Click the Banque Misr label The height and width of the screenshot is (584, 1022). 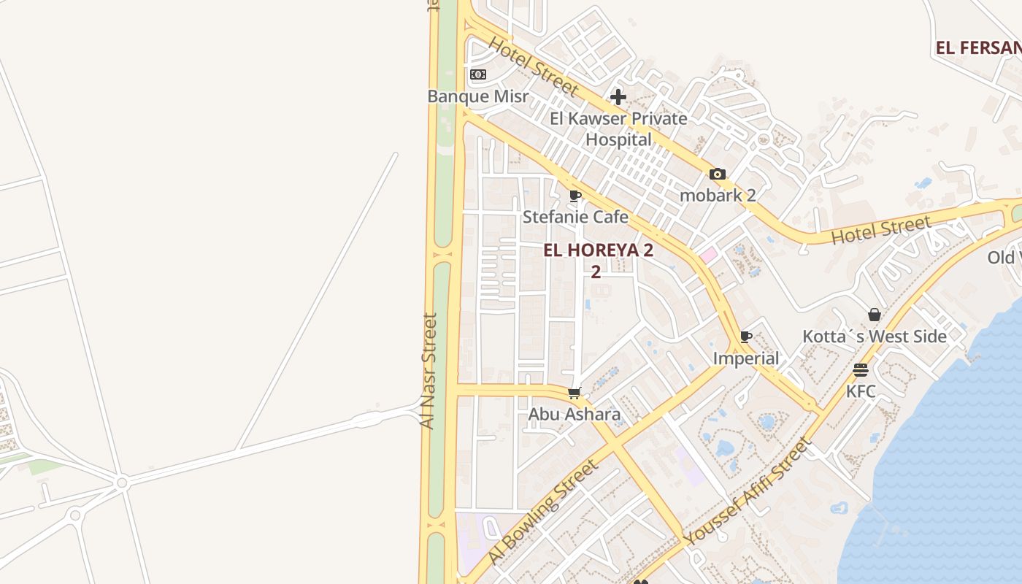click(477, 96)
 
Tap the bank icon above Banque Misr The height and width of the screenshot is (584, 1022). click(478, 74)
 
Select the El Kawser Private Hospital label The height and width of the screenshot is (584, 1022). click(618, 128)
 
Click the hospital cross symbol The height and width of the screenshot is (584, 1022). click(618, 97)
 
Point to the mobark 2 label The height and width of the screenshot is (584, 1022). click(718, 195)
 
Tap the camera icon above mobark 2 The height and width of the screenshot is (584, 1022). click(718, 174)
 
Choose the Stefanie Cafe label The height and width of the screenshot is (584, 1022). click(575, 217)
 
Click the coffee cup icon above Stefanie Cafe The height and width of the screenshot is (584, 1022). click(575, 196)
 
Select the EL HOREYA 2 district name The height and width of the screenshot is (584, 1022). click(598, 250)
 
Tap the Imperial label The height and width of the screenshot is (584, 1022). click(746, 358)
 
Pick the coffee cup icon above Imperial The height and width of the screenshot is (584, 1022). click(745, 337)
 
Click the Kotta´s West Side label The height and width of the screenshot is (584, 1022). click(875, 337)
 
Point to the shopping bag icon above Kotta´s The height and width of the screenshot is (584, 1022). click(875, 315)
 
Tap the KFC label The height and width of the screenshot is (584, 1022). click(861, 391)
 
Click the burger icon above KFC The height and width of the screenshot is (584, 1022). click(861, 370)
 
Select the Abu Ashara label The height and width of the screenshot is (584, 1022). click(575, 415)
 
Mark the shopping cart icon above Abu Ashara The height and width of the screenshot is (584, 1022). click(575, 393)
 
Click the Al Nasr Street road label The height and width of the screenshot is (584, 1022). click(429, 371)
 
